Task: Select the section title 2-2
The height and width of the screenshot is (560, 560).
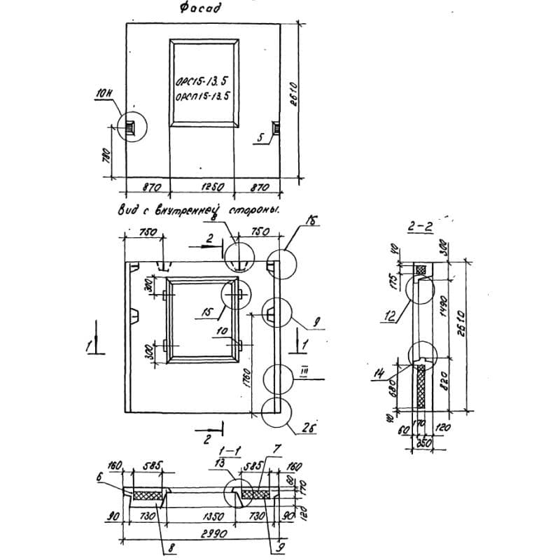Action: coord(419,226)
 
